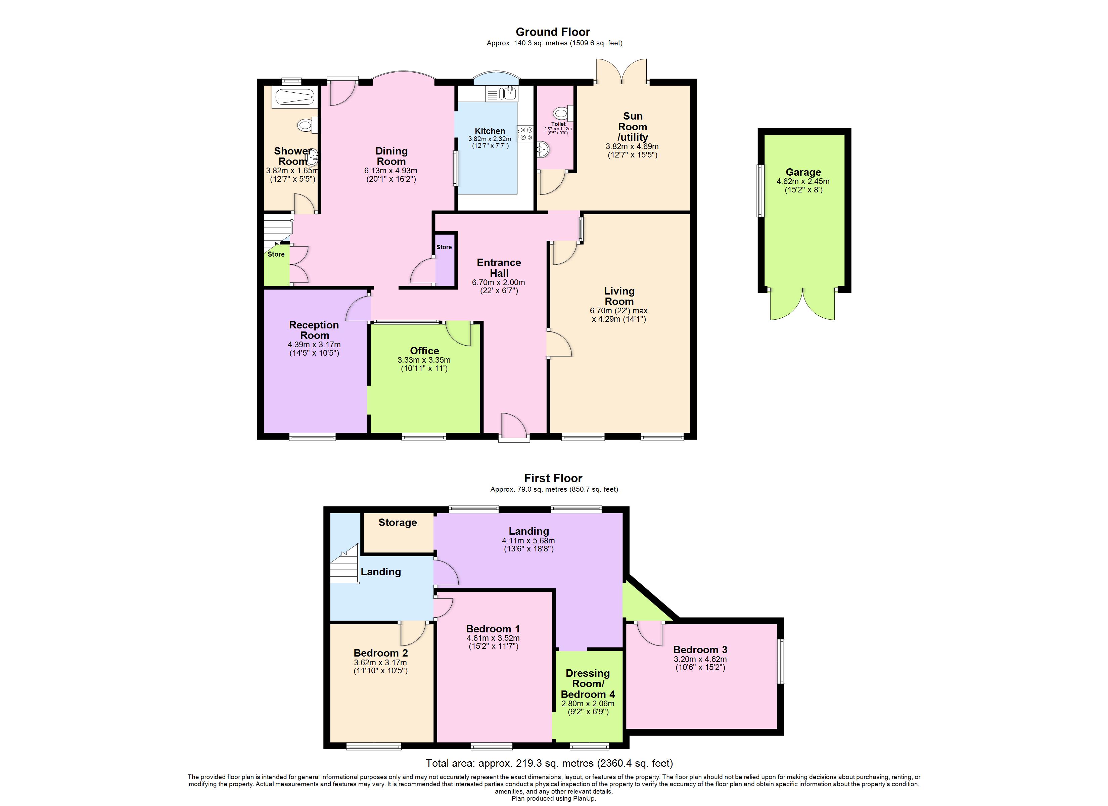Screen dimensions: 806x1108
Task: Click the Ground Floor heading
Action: coord(553,32)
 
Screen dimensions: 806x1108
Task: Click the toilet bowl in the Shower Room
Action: coord(306,126)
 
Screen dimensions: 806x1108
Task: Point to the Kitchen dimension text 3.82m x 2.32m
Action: coord(490,139)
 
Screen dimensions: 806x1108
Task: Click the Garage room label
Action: coord(803,172)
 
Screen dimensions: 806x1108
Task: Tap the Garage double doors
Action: coord(803,304)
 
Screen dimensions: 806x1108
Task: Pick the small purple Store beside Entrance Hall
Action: coord(444,266)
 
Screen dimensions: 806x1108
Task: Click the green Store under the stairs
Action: coord(276,268)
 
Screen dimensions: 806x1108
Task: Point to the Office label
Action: coord(424,351)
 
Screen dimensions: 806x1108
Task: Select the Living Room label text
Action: coord(619,296)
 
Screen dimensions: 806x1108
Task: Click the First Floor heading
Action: coord(553,478)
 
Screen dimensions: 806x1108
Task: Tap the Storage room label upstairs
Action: coord(397,523)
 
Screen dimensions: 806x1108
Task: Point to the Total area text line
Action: coord(549,763)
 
